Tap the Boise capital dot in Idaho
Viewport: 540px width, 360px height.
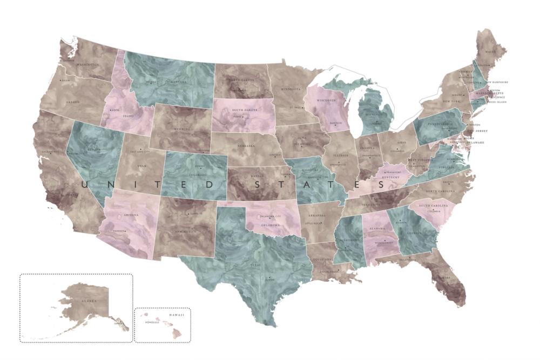click(x=110, y=110)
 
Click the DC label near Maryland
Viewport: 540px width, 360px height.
click(x=457, y=146)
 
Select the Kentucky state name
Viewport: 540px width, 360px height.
click(x=390, y=177)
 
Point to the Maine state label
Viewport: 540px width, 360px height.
click(x=490, y=52)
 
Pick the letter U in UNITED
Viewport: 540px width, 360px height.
click(x=84, y=185)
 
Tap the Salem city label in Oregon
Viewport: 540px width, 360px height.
click(x=66, y=80)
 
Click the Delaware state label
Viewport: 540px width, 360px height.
click(x=476, y=142)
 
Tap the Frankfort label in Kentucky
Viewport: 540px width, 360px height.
click(x=393, y=171)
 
